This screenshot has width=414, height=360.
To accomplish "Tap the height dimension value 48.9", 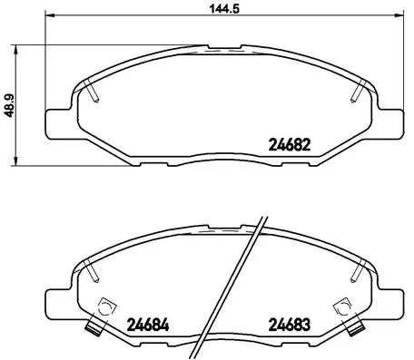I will click(x=10, y=104).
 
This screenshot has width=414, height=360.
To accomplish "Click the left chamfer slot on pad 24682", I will click(x=93, y=91).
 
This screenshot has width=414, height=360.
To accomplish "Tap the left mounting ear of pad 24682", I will click(x=56, y=121).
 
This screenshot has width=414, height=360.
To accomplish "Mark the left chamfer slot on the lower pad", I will click(x=93, y=269).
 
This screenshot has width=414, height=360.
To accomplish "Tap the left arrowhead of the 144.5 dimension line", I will click(x=49, y=17).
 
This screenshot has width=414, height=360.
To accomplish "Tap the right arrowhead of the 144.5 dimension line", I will click(x=400, y=17).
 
